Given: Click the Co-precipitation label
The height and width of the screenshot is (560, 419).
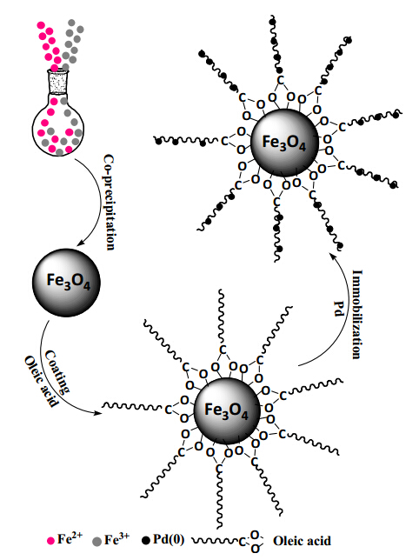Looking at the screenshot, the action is (110, 202).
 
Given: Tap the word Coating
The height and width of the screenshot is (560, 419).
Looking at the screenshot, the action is (57, 371).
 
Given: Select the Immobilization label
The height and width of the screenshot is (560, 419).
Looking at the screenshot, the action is (357, 314).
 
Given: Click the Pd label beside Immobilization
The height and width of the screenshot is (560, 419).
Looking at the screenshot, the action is (339, 309).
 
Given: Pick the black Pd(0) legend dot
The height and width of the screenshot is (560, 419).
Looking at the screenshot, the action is (146, 541).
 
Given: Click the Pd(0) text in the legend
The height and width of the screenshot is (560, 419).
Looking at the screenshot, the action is (169, 539).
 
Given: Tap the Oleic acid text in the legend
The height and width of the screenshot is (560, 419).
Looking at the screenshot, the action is (302, 541).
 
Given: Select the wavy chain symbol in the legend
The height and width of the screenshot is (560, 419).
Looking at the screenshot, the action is (216, 541).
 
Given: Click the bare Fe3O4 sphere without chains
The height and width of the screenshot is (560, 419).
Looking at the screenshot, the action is (66, 283).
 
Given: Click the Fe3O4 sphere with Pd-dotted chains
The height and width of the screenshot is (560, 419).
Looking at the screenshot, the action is (284, 142).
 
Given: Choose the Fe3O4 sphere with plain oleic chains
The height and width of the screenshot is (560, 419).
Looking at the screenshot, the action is (227, 410).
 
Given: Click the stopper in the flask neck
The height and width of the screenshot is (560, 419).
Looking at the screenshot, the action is (57, 82).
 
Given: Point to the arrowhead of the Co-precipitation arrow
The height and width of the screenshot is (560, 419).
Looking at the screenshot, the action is (81, 243).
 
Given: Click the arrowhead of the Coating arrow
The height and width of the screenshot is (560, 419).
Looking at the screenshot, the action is (96, 414).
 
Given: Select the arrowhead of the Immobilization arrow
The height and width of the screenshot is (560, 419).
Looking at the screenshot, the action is (332, 257).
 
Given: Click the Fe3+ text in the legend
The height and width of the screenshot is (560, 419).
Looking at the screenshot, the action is (116, 539).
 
